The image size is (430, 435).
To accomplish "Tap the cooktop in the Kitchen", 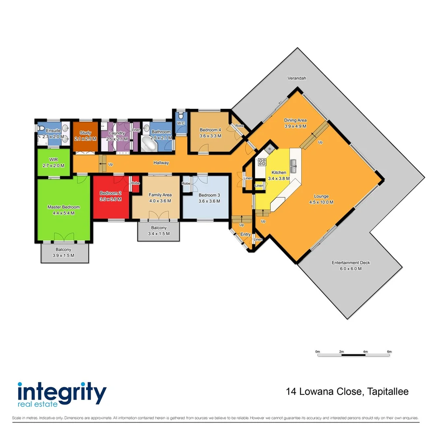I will coord(262,162).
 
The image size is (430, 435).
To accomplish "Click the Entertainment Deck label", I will coord(350,263).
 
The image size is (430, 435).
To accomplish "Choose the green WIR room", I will coord(54,162).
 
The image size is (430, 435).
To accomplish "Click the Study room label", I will coord(85,133).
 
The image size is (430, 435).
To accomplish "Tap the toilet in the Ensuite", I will coord(41,128).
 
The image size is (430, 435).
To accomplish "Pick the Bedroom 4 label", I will coord(210,130).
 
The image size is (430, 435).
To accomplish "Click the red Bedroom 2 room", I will coord(110,197).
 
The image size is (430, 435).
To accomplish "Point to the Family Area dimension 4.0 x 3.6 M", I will coord(160,201).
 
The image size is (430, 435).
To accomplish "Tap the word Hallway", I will coord(161,163).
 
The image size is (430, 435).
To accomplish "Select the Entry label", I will coord(245,234).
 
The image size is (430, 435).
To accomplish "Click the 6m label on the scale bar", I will coord(389,352).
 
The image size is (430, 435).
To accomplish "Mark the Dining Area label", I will coord(296,120).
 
